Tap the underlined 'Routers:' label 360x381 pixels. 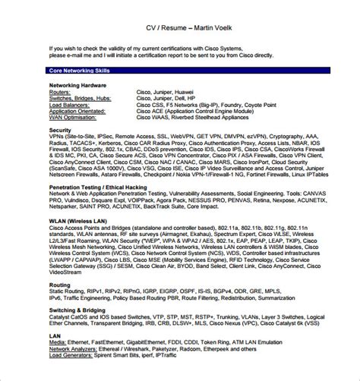[61, 92]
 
